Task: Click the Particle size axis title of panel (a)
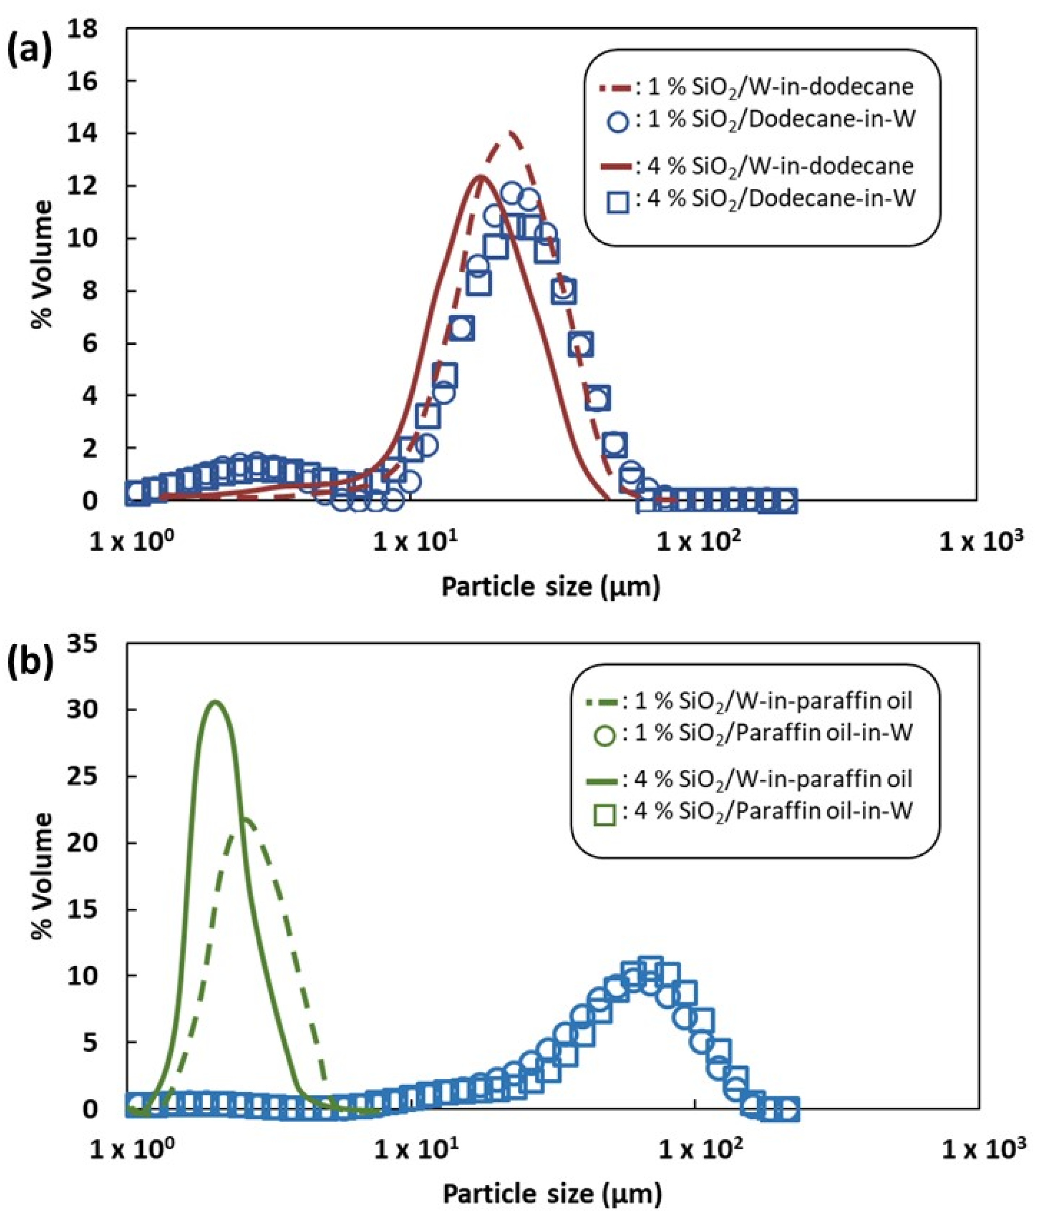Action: tap(551, 588)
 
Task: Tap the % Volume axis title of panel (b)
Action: tap(42, 876)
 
